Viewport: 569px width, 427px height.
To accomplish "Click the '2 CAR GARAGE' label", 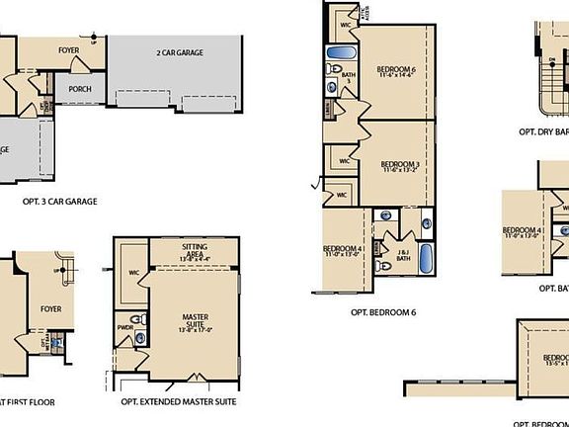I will click(x=180, y=51).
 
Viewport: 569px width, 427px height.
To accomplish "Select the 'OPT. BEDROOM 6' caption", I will click(x=383, y=312).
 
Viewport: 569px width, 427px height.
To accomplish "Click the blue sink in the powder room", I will click(x=140, y=338).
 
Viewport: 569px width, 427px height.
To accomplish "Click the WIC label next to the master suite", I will click(x=134, y=272).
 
